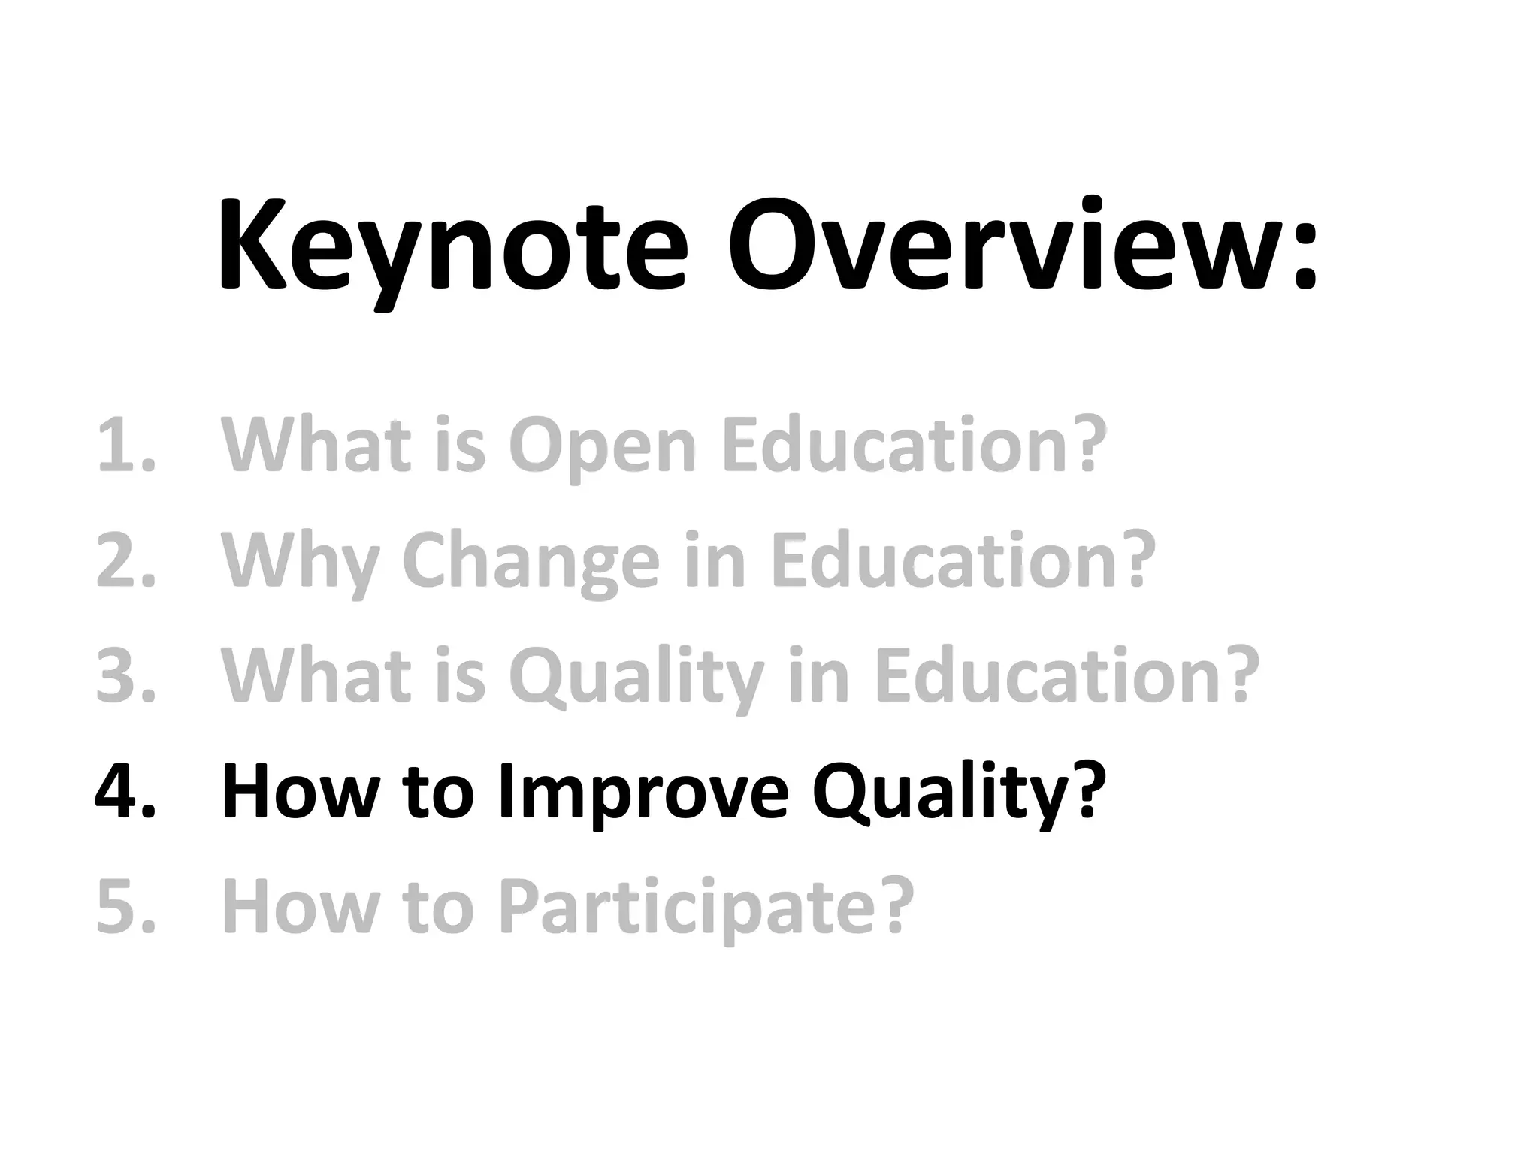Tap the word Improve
(643, 793)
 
